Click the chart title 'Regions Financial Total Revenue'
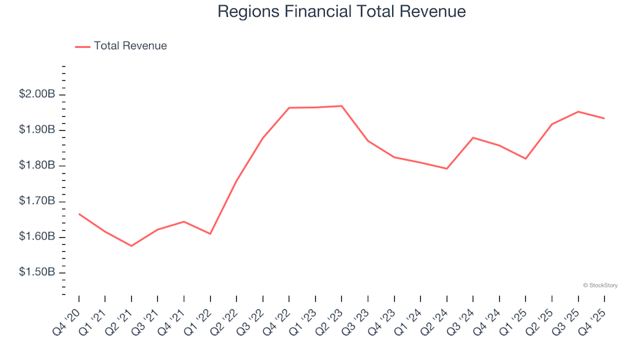[341, 11]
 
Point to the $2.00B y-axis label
[37, 94]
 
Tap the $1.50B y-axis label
[37, 273]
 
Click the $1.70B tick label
[37, 201]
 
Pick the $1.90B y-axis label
[37, 129]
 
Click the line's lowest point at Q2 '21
[131, 246]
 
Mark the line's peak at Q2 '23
[342, 106]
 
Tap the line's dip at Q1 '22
[211, 234]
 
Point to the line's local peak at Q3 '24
[473, 137]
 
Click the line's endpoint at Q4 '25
[604, 119]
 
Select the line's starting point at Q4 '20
[79, 214]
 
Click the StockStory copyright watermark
[600, 285]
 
